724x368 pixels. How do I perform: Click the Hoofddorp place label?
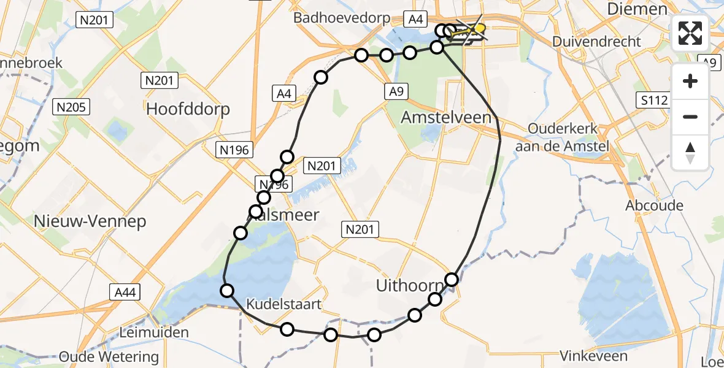188,109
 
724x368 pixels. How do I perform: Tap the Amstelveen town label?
445,118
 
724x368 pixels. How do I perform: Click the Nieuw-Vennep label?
90,221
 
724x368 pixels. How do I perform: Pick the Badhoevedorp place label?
342,18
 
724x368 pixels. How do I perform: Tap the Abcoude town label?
654,205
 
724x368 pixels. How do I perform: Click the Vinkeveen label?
594,356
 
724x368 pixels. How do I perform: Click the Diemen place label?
636,9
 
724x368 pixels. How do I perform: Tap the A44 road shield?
123,293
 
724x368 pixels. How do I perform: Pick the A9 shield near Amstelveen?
396,91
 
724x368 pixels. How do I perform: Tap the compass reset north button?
690,152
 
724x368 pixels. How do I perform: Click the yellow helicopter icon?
478,28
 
